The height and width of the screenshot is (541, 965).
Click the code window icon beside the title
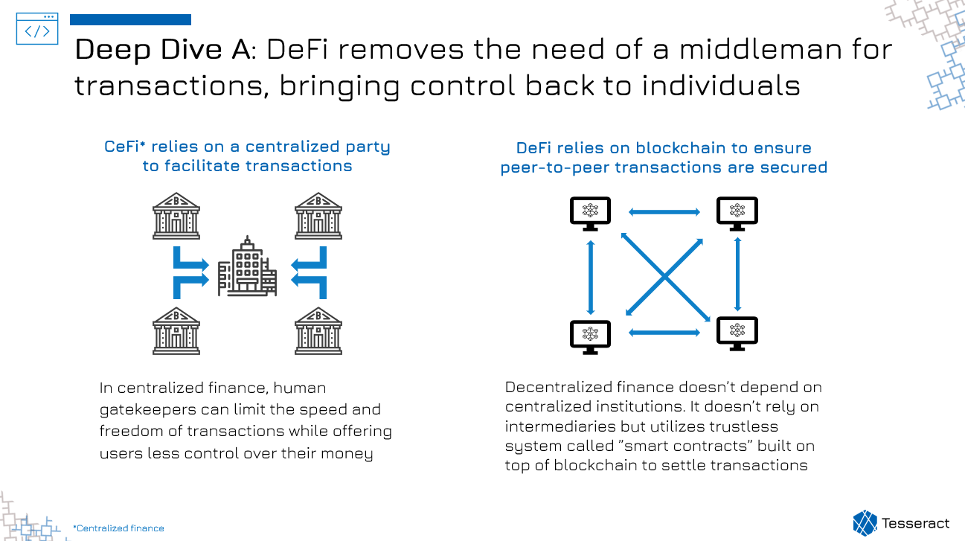(37, 28)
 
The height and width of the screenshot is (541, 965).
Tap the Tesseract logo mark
(865, 523)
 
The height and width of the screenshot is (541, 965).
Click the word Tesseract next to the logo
(915, 523)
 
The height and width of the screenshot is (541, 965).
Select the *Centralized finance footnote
(118, 528)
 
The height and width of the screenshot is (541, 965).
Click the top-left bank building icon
(176, 216)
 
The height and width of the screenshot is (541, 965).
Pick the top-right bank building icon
(318, 216)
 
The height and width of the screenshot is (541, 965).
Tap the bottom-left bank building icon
(176, 331)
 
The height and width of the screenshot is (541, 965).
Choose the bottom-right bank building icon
(318, 331)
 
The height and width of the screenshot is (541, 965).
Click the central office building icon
(247, 266)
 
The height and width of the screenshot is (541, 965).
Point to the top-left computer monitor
(590, 214)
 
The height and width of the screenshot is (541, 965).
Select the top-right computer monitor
(737, 214)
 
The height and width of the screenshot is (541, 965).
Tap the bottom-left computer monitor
(590, 337)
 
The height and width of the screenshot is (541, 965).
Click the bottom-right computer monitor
(737, 334)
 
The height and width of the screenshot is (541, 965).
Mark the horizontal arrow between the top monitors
(664, 212)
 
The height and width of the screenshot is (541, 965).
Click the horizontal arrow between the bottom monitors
(664, 333)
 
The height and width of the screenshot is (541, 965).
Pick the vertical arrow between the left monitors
(591, 278)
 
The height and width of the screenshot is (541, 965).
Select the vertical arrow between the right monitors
(737, 274)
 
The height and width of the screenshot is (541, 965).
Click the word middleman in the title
(760, 49)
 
